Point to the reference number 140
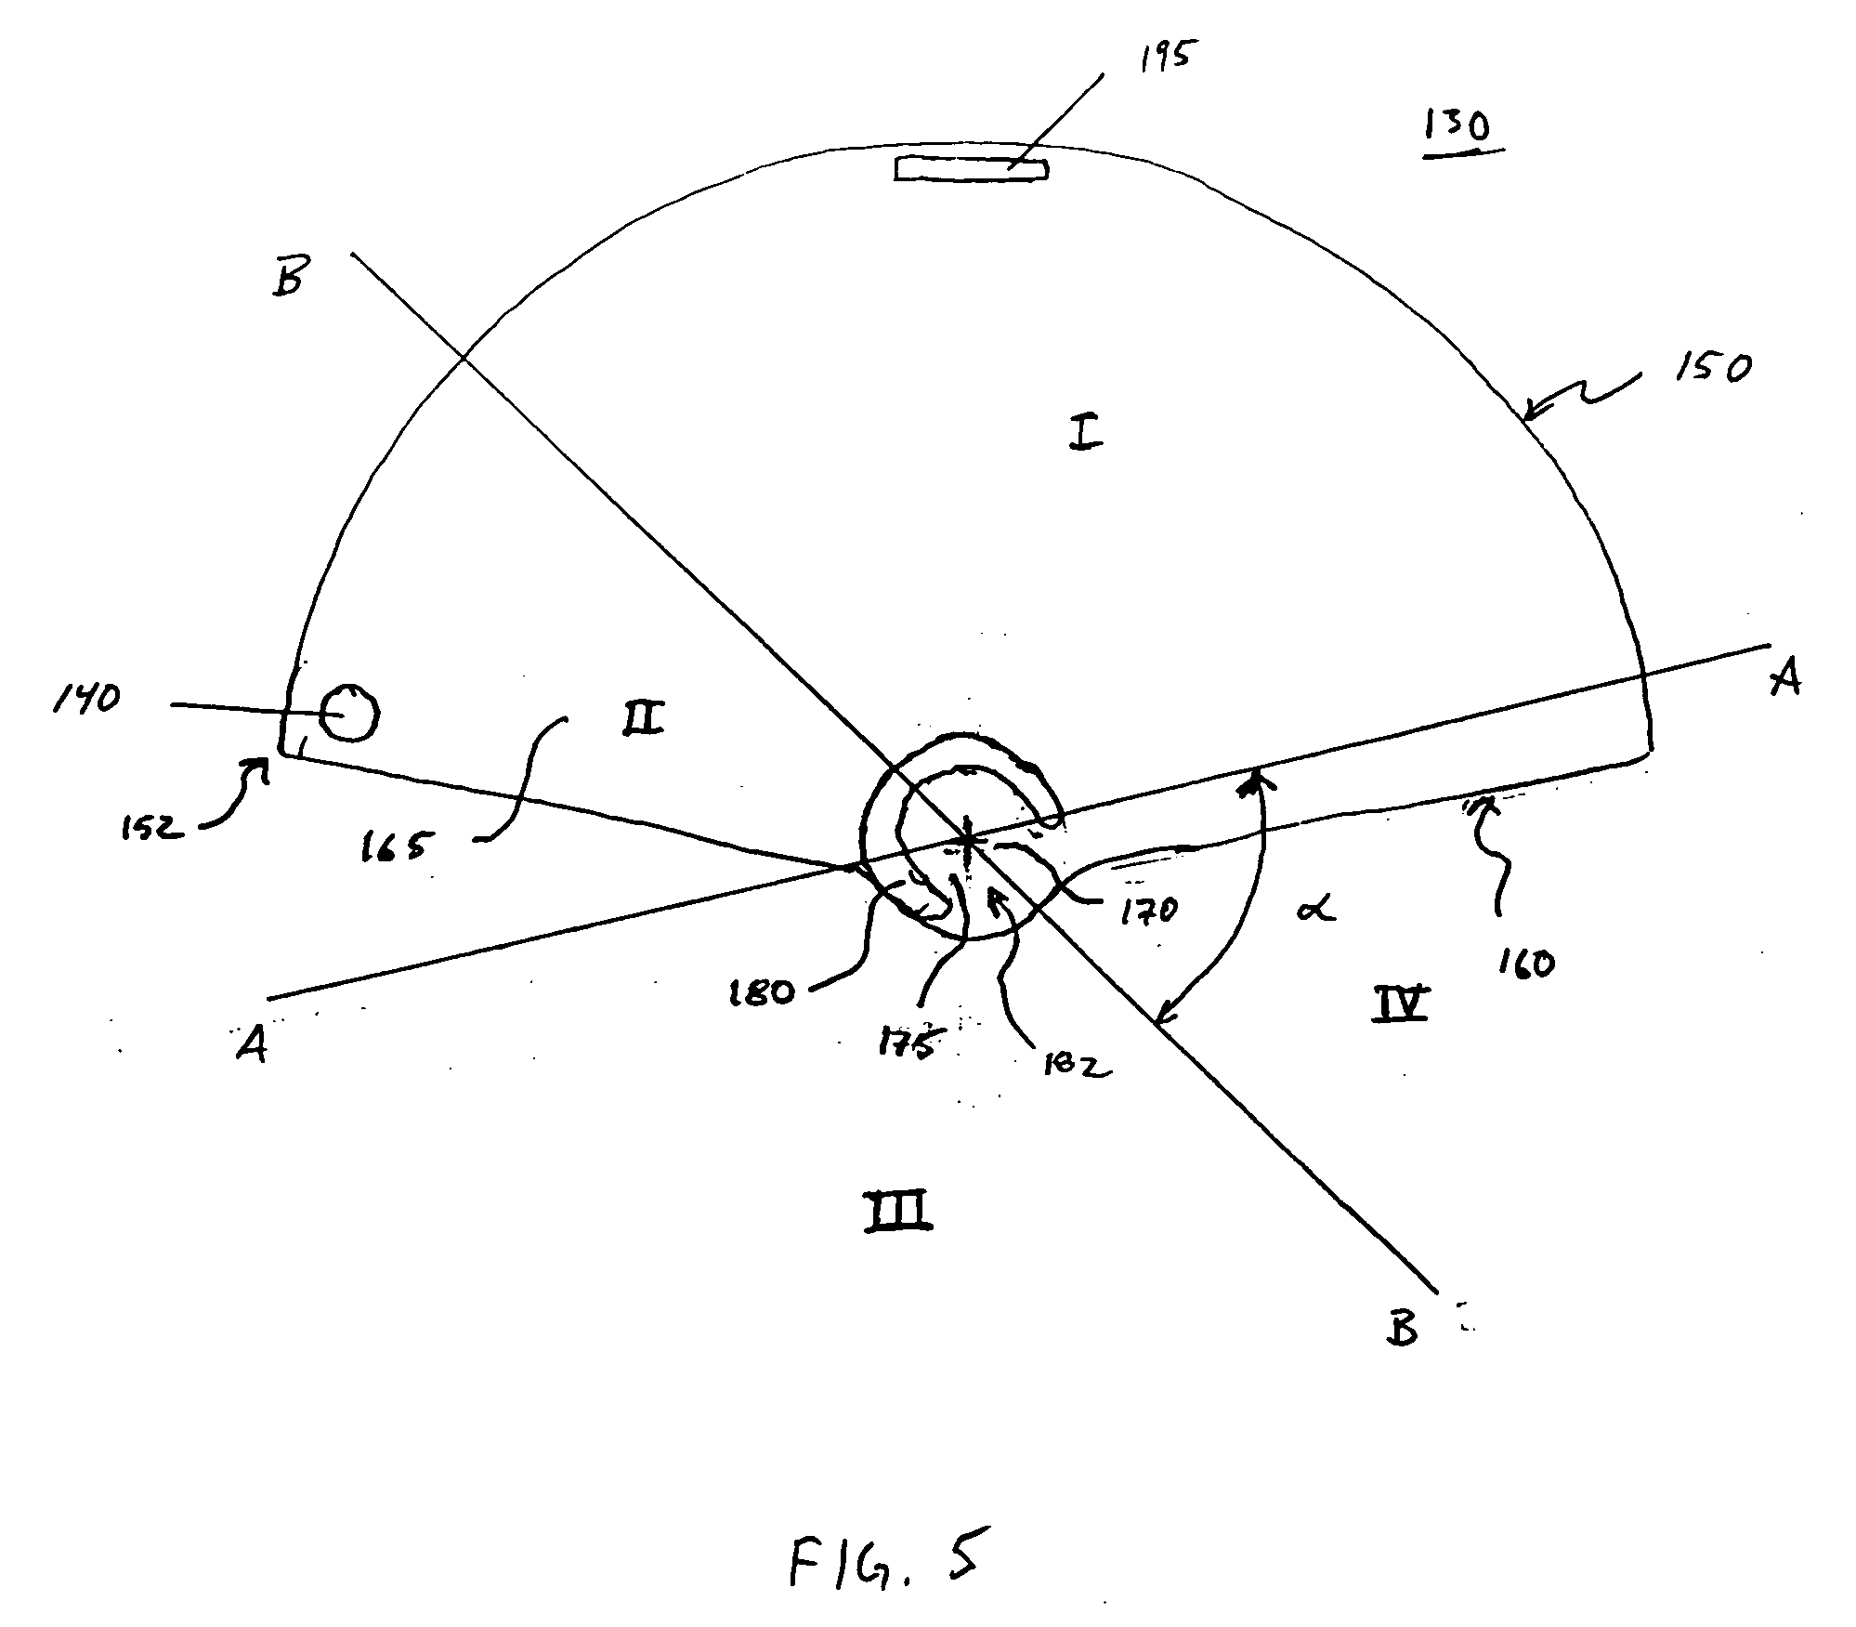[x=86, y=698]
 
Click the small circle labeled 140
[x=349, y=714]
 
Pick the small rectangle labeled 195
[x=971, y=169]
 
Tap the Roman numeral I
[x=1084, y=432]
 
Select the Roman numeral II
[x=642, y=716]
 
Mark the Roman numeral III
[x=897, y=1211]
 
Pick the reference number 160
[x=1525, y=963]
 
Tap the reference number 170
[x=1149, y=909]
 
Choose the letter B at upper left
[x=288, y=275]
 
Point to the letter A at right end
[x=1784, y=678]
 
